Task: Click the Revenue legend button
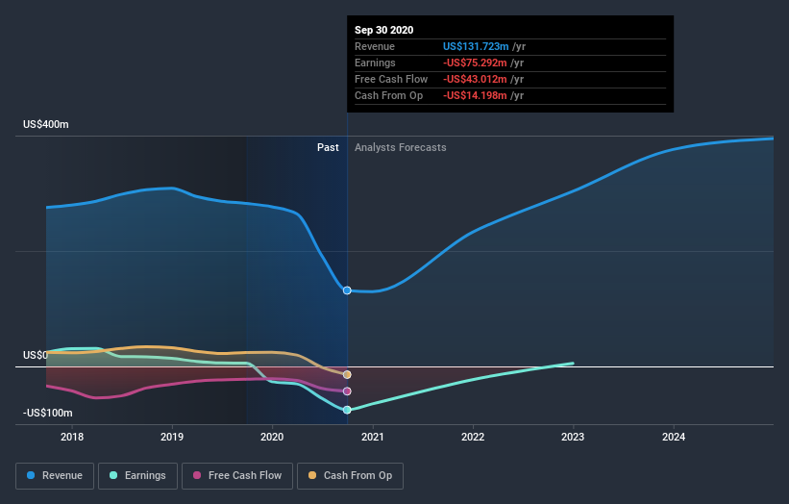(56, 475)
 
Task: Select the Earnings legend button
(137, 475)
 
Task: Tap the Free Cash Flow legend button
(236, 475)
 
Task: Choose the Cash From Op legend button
(350, 475)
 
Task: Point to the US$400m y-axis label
(47, 125)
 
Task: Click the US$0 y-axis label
(35, 355)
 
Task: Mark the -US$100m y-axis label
(47, 413)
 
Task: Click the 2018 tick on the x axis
(72, 437)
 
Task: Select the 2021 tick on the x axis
(373, 437)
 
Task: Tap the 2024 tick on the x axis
(674, 437)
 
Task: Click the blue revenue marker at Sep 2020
(347, 290)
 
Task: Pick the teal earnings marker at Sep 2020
(347, 410)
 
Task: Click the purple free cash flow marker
(347, 391)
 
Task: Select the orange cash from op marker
(347, 374)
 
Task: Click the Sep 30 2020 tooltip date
(384, 30)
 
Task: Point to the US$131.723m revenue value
(476, 46)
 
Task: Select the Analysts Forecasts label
(400, 147)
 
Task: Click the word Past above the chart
(328, 147)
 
